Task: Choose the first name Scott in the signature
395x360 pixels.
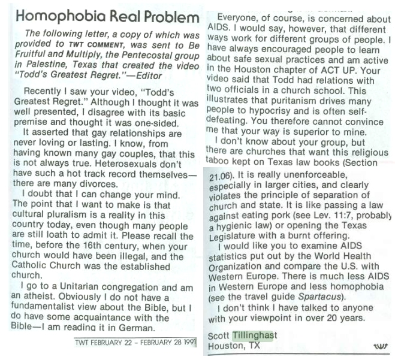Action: pos(219,335)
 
